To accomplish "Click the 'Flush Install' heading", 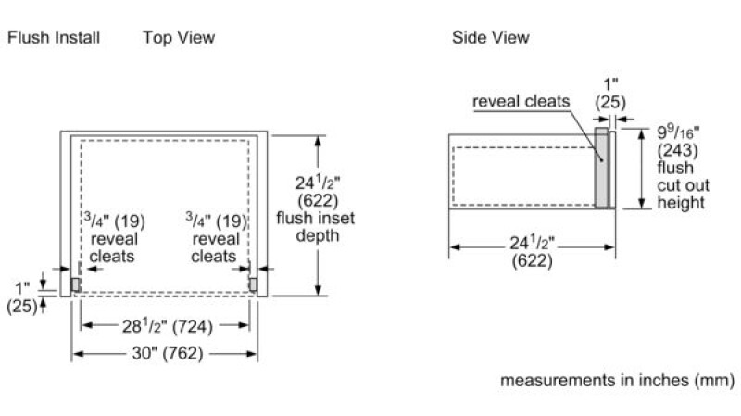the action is [x=54, y=37].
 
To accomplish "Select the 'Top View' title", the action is [x=179, y=37].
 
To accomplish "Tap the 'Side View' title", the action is [x=491, y=37].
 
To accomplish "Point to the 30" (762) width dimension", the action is [x=168, y=353].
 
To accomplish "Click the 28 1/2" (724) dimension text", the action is [x=168, y=326].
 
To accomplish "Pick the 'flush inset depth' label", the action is [x=316, y=227].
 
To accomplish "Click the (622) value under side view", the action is [x=532, y=260].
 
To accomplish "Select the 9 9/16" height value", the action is [x=678, y=132].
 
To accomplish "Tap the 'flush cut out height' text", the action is [x=683, y=184].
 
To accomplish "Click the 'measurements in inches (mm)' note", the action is [x=617, y=380].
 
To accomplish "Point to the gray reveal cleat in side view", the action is [x=601, y=168].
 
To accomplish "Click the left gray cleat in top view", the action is [x=75, y=284].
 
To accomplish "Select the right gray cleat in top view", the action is [x=253, y=284].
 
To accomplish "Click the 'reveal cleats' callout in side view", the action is [x=521, y=101].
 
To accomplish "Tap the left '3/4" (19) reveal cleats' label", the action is [x=114, y=238].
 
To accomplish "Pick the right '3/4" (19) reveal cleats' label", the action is [x=216, y=238].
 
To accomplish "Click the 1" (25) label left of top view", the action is [x=21, y=297].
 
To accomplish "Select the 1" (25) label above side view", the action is [x=610, y=94].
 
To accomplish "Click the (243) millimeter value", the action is [x=677, y=150].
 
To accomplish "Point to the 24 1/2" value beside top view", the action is [x=318, y=183].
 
